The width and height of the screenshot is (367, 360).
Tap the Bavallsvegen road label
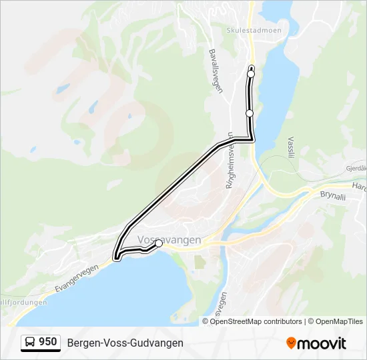(215, 71)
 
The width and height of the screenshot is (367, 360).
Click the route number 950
(47, 342)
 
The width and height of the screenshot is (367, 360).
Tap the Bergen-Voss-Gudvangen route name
(125, 343)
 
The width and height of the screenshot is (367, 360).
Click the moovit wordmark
(322, 343)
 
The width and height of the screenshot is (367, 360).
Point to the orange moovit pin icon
(291, 343)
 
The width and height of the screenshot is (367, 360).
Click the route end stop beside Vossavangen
(159, 244)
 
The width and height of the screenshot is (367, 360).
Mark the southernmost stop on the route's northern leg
(250, 113)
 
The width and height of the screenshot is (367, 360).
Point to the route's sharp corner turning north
(253, 139)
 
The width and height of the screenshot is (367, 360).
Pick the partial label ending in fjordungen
(24, 302)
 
